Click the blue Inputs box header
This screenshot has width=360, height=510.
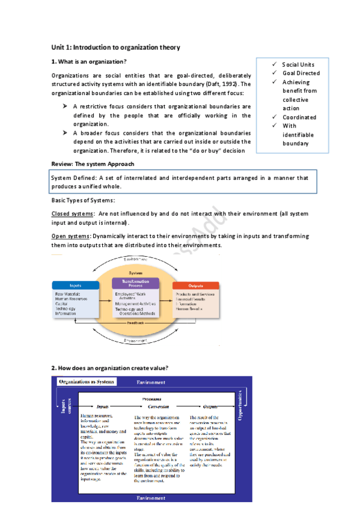tap(75, 285)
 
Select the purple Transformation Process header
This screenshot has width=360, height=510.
tap(135, 283)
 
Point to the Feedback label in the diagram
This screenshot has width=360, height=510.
tap(135, 324)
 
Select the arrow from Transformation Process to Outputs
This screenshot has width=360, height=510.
tap(166, 300)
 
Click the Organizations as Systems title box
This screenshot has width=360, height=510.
tap(87, 382)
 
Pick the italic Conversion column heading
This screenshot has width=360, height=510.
tap(150, 407)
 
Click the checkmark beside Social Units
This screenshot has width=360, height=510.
tap(275, 64)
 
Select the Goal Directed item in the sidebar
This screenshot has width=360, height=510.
tap(301, 73)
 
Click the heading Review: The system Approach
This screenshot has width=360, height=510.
tap(93, 164)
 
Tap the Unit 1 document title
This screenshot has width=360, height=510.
tap(116, 47)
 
